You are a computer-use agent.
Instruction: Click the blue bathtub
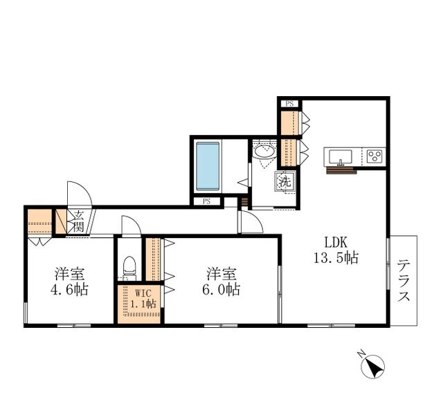[x=208, y=166]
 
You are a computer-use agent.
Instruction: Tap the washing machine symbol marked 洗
[x=285, y=181]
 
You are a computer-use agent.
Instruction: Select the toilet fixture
[x=129, y=268]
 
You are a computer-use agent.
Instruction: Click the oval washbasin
[x=264, y=152]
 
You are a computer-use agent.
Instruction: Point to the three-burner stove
[x=374, y=156]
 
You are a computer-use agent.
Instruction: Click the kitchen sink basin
[x=341, y=156]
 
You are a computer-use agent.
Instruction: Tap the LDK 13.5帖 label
[x=336, y=250]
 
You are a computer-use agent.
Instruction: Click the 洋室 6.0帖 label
[x=221, y=282]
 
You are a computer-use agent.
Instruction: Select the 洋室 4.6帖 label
[x=69, y=282]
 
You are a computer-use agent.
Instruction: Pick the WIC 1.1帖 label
[x=143, y=298]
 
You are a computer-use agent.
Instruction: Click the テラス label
[x=404, y=281]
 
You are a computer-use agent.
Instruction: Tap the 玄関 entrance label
[x=78, y=221]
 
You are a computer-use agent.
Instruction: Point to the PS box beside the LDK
[x=289, y=104]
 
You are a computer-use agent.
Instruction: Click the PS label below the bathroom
[x=207, y=201]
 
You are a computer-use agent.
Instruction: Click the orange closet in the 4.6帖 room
[x=40, y=221]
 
